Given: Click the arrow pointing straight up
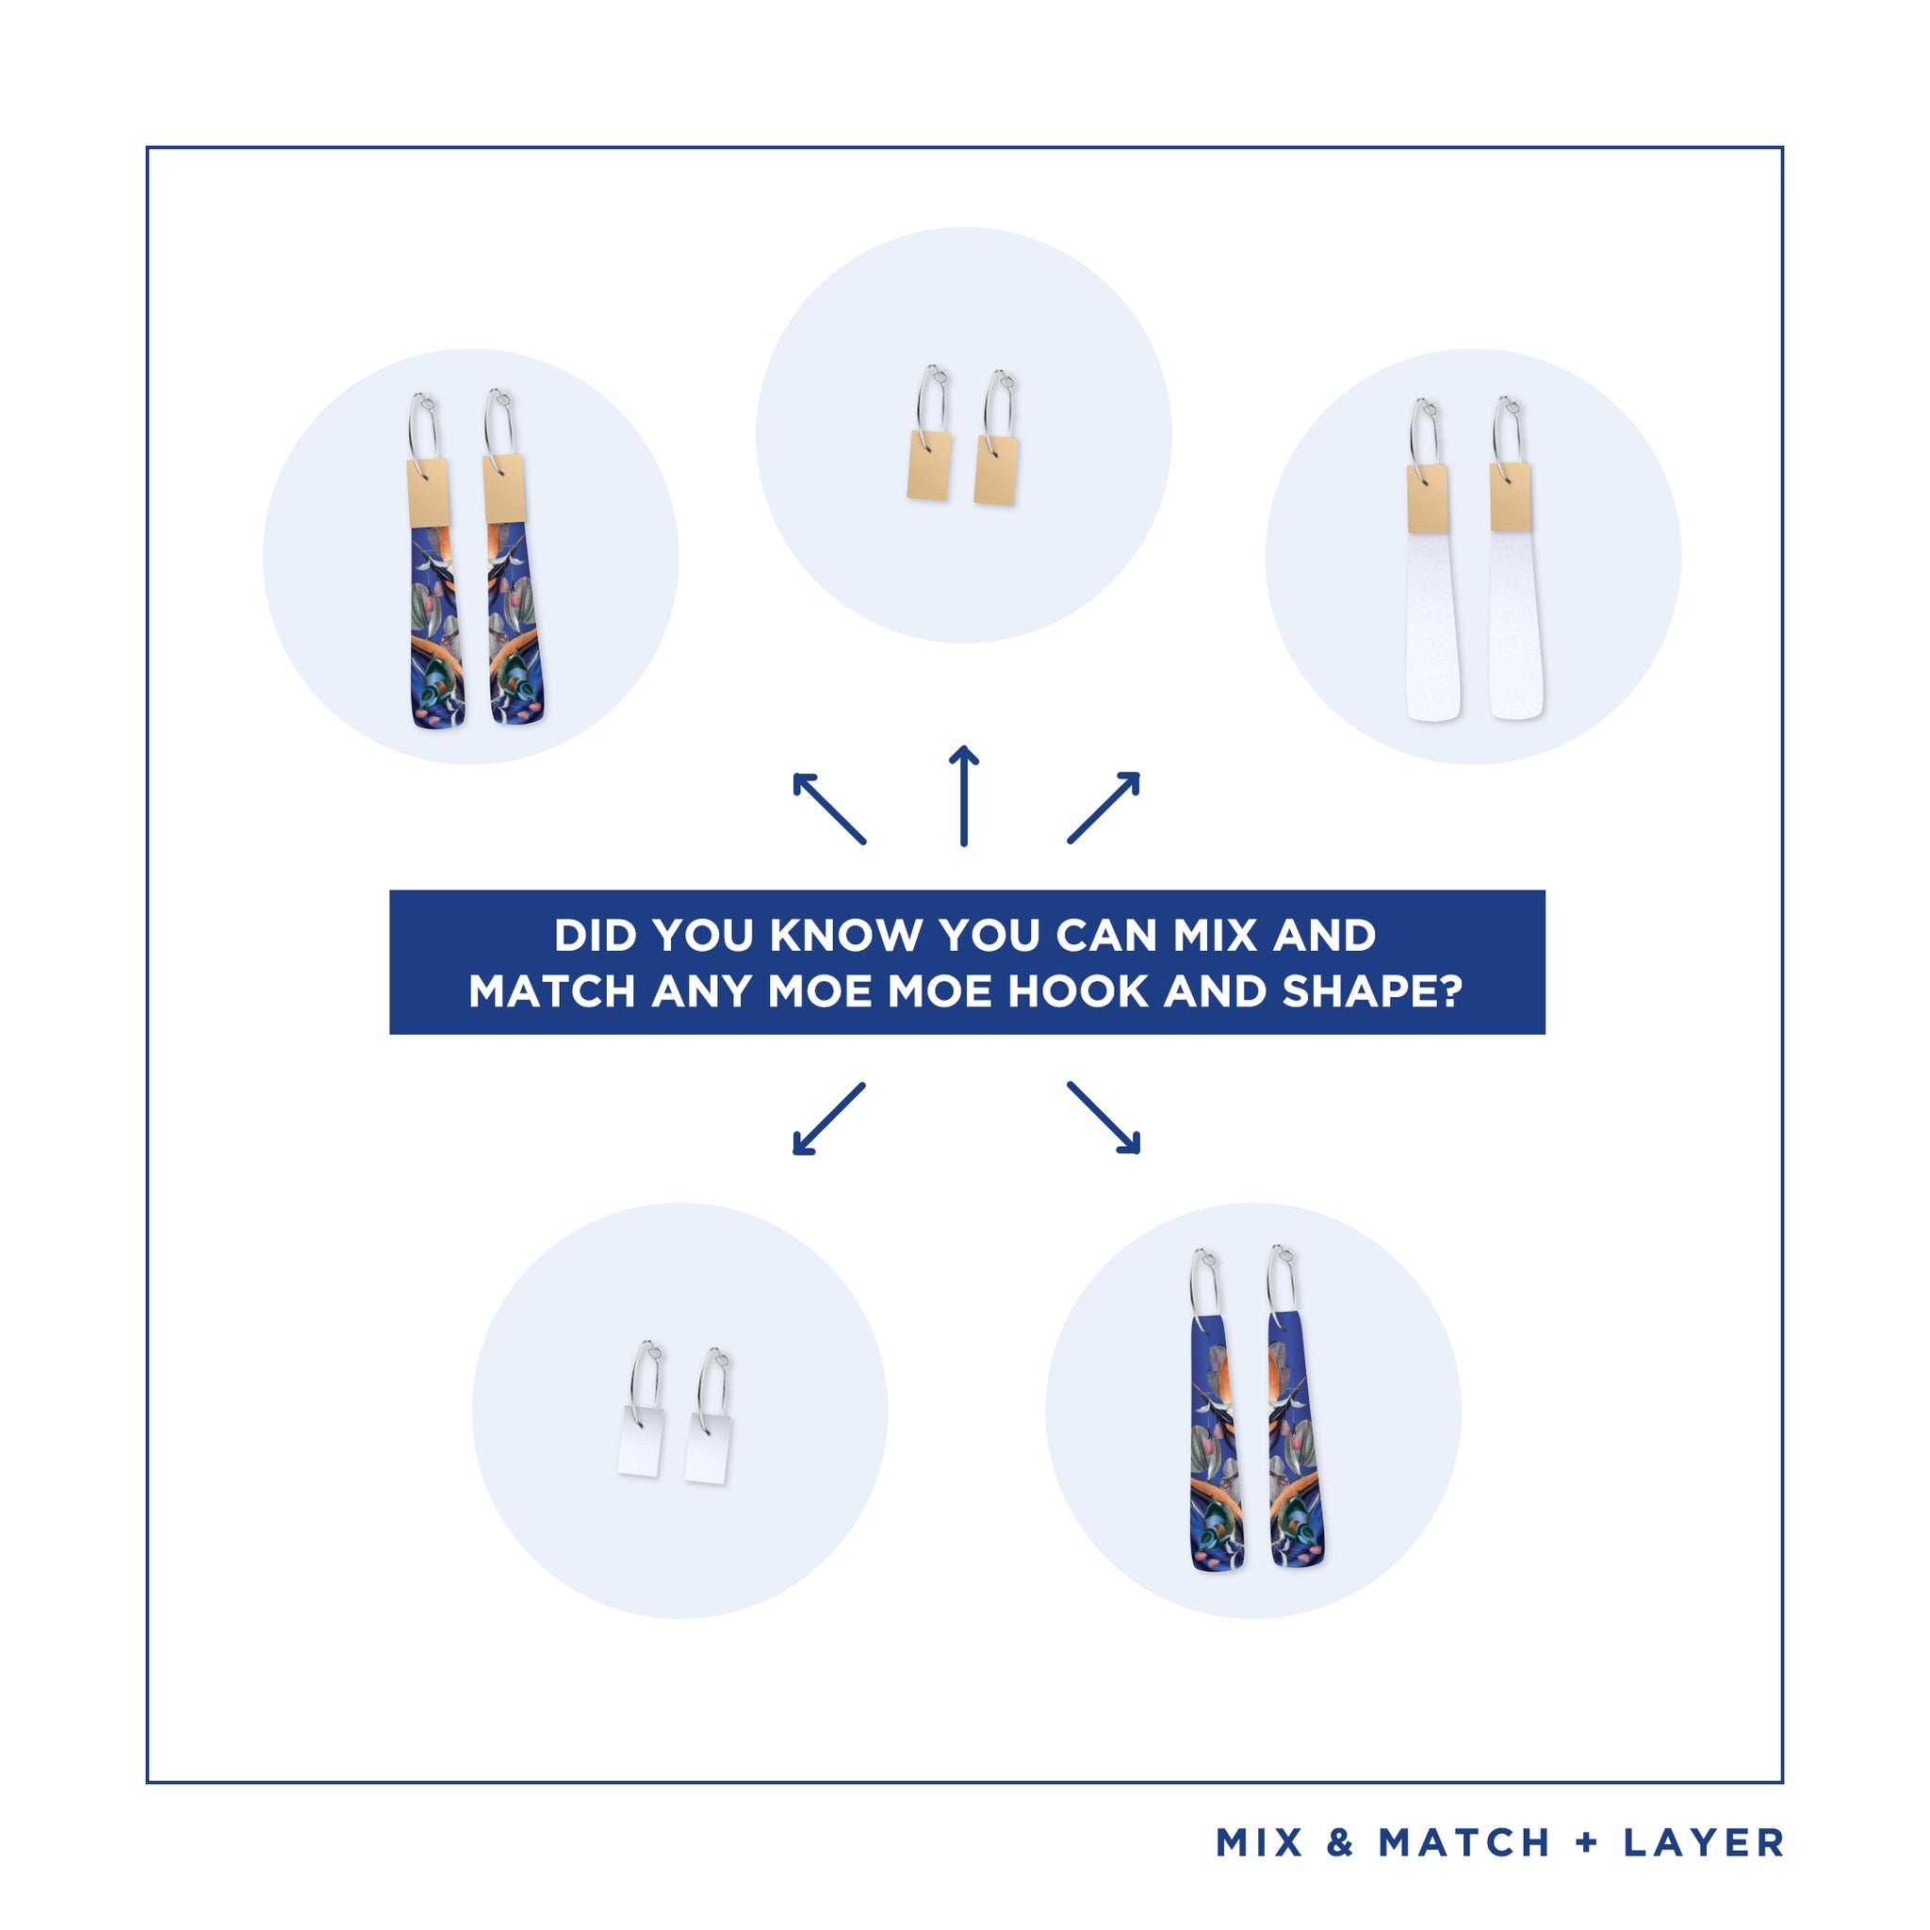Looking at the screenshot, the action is coord(963,796).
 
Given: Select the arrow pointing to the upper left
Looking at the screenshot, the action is coord(829,809).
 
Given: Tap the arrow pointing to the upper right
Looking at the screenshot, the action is coord(1104,808).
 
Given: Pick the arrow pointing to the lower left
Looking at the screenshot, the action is coord(829,1119).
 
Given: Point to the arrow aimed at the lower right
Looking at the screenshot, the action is coord(1104,1118).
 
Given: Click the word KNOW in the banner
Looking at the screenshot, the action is coord(846,935).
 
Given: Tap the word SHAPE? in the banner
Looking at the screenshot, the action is coord(1372,991).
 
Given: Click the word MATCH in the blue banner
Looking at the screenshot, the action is coord(551,991).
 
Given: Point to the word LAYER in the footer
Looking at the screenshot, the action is coord(1704,1843).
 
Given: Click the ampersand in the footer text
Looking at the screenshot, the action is coord(1341,1843).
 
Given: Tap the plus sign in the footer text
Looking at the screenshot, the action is coord(1586,1843).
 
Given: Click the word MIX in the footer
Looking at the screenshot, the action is coord(1260,1843).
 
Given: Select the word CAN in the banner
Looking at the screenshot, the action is coord(1105,935).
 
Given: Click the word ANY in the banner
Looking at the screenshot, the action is coord(701,991).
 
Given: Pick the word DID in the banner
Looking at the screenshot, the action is coord(596,935).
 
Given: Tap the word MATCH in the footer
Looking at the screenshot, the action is coord(1464,1843).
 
